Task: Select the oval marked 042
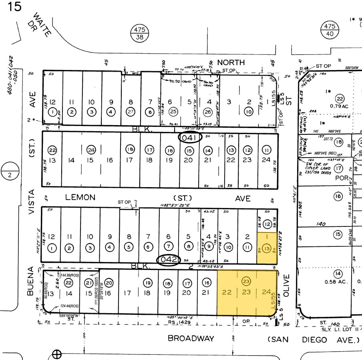(168, 259)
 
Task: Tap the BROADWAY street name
(191, 338)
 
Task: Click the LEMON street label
(80, 197)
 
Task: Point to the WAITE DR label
(42, 25)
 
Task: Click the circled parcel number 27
(131, 112)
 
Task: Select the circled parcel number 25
(173, 112)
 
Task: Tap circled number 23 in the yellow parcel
(246, 281)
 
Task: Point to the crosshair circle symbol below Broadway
(57, 354)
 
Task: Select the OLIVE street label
(286, 285)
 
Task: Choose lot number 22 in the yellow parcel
(227, 292)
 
